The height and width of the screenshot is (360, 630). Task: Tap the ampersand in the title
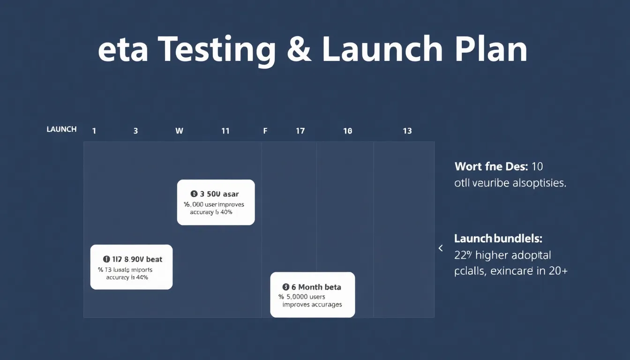(299, 50)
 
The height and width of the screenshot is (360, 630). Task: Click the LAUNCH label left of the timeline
(61, 129)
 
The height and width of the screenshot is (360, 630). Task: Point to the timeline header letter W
(179, 131)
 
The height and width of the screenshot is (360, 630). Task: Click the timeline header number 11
(225, 131)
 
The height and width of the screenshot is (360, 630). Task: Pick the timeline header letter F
(265, 131)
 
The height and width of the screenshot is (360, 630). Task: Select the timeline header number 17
(300, 131)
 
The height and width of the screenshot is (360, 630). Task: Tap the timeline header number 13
(407, 131)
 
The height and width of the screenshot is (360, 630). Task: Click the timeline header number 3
(135, 131)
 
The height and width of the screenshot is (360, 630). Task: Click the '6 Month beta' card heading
(316, 287)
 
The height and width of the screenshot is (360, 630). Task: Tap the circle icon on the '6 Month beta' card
(285, 287)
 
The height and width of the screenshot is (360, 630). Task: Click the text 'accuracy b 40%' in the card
(211, 212)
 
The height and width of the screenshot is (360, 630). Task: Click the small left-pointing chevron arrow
(440, 248)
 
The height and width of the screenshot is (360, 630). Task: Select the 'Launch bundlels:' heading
(498, 239)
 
